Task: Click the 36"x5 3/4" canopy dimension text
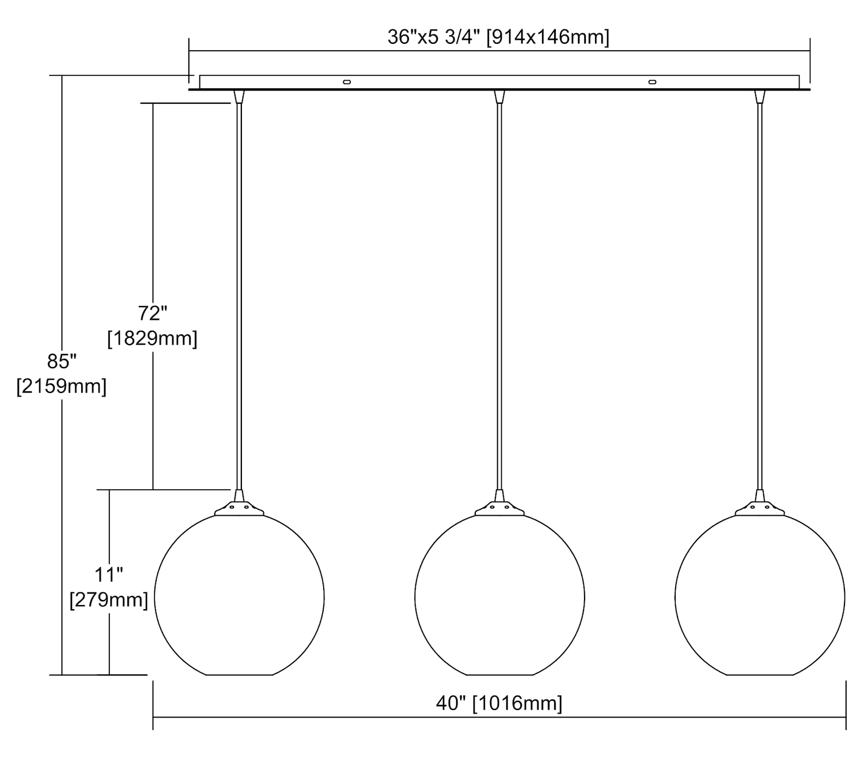[x=498, y=37]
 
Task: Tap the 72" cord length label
[x=152, y=314]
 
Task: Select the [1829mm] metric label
[x=152, y=339]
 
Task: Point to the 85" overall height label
[x=62, y=361]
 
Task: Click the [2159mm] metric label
[x=62, y=387]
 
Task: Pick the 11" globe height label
[x=108, y=575]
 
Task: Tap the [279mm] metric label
[x=109, y=600]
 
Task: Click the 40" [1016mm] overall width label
[x=499, y=703]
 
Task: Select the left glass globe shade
[x=154, y=597]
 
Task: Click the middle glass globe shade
[x=415, y=597]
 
